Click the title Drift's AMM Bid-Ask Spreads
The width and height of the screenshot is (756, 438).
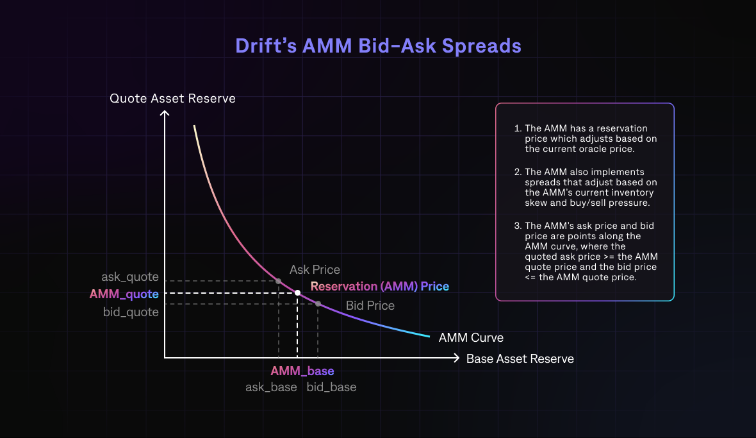click(378, 46)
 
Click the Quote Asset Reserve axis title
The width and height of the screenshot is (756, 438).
click(172, 98)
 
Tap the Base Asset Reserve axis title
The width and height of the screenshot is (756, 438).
click(520, 358)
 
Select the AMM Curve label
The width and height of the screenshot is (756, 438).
click(471, 338)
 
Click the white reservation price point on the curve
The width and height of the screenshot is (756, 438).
click(297, 293)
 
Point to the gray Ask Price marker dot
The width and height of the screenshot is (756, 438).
click(278, 281)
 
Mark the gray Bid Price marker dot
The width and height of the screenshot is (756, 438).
click(318, 303)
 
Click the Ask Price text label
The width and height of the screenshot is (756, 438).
click(315, 269)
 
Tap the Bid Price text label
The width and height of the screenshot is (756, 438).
click(370, 306)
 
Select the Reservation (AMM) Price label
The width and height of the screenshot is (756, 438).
click(380, 287)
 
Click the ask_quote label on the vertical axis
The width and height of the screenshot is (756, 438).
click(129, 277)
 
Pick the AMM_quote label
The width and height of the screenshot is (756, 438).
click(124, 294)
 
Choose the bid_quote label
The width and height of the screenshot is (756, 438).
click(131, 312)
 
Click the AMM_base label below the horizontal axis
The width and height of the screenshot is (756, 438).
click(302, 371)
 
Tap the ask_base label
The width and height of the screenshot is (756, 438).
click(271, 387)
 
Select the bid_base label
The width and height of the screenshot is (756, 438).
click(331, 387)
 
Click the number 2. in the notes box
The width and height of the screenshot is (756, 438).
click(518, 172)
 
